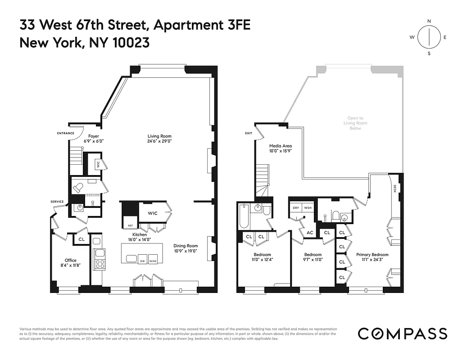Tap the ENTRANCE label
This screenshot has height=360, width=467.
(65, 133)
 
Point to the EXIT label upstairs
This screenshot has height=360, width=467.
(249, 133)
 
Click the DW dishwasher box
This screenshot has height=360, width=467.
(142, 261)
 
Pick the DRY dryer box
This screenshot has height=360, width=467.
(296, 208)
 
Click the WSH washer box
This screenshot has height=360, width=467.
(308, 208)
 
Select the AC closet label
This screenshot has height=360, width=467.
(310, 233)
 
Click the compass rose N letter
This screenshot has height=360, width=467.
(429, 21)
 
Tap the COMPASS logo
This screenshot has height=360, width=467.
(402, 333)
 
